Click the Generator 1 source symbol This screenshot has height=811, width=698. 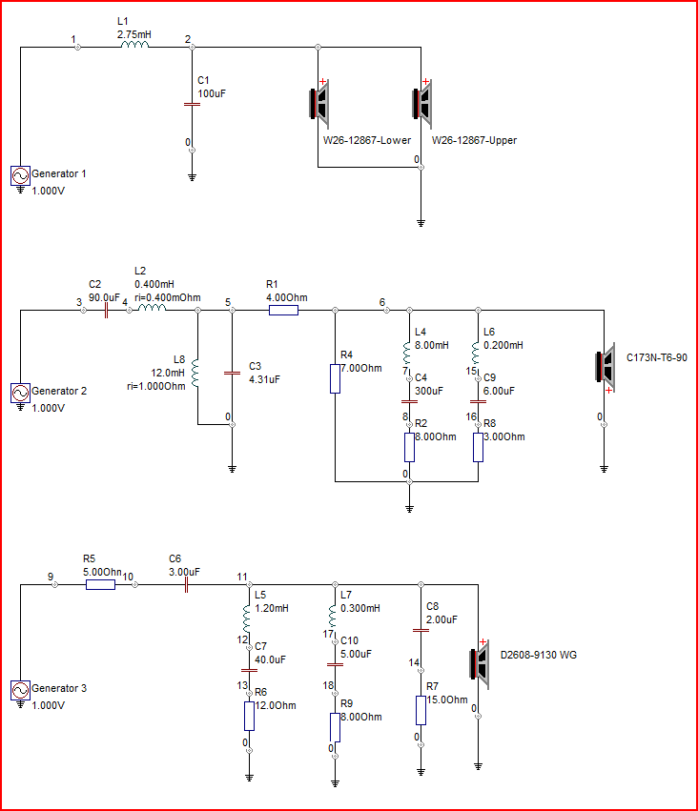coord(20,176)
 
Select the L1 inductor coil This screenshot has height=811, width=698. coord(134,45)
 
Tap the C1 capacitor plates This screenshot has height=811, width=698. coord(192,104)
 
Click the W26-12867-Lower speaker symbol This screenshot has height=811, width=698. coord(319,104)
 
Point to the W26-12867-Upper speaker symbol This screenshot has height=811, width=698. coord(422,104)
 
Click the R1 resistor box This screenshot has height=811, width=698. coord(283,311)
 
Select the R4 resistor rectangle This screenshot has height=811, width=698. coord(336,378)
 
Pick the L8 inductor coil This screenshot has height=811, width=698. coord(195,373)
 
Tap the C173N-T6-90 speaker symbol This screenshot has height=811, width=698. coord(605,368)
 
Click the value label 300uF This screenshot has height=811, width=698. coord(429,391)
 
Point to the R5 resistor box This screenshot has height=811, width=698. coord(100,585)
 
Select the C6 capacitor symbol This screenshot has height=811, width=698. coord(186,585)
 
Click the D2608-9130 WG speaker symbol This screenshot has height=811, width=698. coord(480,663)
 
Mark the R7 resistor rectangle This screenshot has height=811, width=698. coord(421,710)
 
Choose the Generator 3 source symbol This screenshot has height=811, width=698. coord(20,691)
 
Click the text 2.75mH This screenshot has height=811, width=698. coord(134,34)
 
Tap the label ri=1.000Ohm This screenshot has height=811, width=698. coord(156,386)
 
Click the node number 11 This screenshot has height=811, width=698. coord(242,577)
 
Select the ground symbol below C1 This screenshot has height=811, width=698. coord(192,178)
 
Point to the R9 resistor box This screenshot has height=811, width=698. coord(336,727)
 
